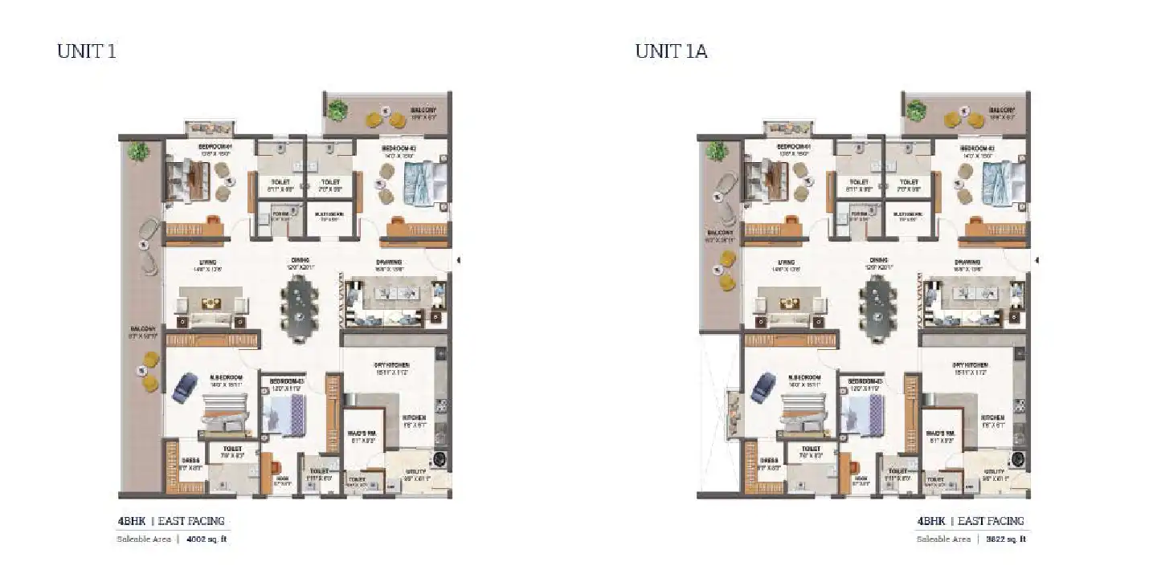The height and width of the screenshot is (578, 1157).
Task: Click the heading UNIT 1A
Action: (671, 51)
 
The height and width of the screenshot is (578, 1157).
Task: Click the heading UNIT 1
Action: (87, 51)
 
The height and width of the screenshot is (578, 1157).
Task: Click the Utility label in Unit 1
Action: (413, 474)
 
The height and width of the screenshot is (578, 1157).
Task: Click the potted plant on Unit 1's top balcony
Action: (337, 109)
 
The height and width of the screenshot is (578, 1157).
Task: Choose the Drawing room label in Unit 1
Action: (389, 262)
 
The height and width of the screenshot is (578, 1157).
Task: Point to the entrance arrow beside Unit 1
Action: (459, 260)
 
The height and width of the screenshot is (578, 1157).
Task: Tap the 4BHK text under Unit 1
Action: (132, 521)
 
